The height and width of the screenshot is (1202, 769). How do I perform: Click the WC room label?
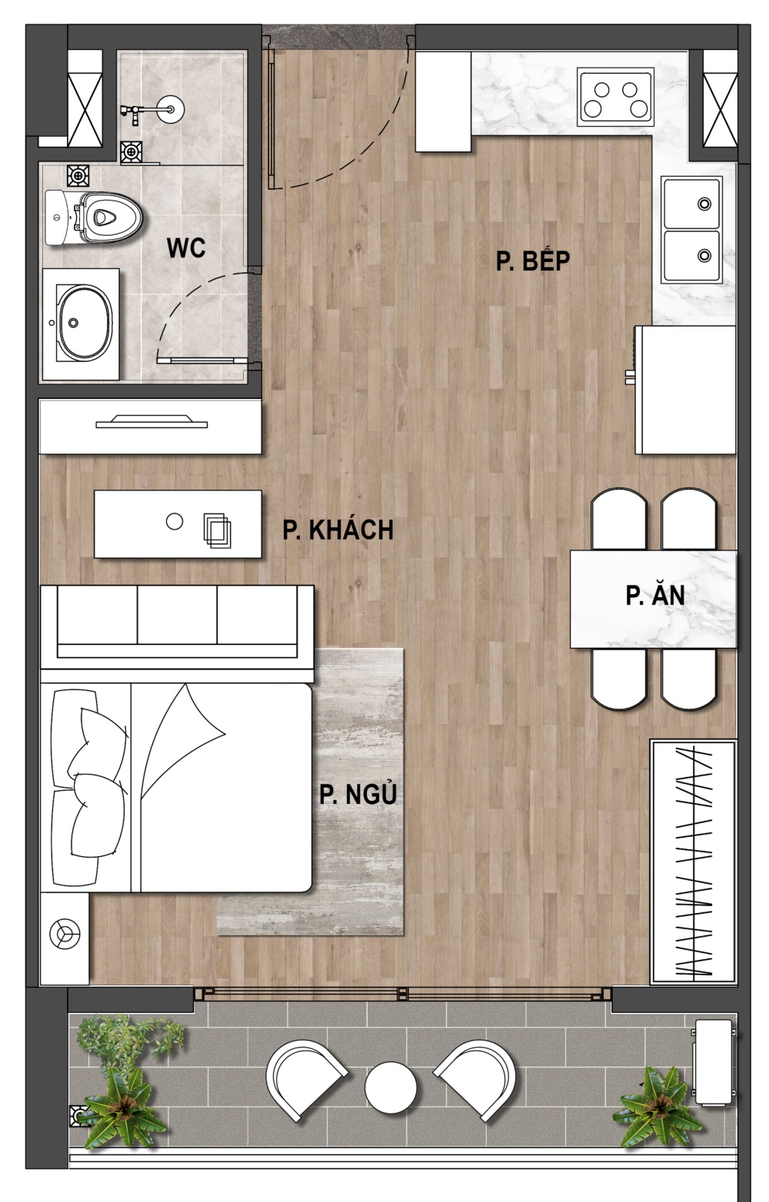tap(186, 248)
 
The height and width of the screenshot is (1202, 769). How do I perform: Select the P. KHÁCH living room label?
tap(338, 530)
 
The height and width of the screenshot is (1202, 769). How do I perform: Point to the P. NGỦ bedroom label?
tap(358, 794)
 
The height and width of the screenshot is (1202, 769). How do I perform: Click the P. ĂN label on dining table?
tap(654, 596)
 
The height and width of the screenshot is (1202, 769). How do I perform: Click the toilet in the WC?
tap(94, 217)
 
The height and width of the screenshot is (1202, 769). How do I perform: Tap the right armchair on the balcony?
tap(475, 1081)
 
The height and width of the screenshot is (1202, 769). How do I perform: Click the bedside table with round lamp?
tap(65, 938)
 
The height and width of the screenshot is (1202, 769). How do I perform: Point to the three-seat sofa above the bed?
tap(177, 626)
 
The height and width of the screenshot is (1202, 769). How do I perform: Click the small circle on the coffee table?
tap(175, 521)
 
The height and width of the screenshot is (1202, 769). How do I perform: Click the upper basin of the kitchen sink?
tap(692, 204)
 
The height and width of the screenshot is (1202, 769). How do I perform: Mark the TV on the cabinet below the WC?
tap(151, 421)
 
